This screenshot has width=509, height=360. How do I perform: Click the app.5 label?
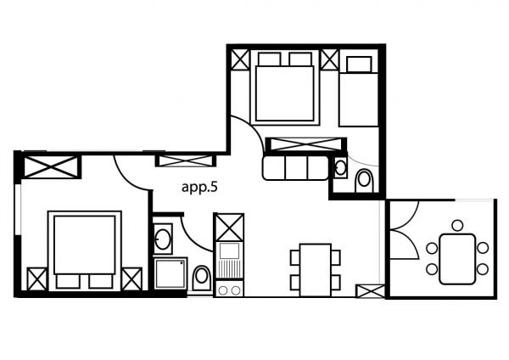[x=199, y=188]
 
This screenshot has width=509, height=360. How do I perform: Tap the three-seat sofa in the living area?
[x=295, y=167]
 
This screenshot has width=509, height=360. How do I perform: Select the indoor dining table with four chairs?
[x=316, y=270]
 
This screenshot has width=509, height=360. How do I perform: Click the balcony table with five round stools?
[x=457, y=259]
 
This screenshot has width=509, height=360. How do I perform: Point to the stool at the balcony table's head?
[x=457, y=226]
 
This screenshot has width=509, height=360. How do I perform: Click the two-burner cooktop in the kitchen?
[x=229, y=289]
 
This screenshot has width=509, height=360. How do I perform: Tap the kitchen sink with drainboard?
[x=229, y=261]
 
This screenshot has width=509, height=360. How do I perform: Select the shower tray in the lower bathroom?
[x=171, y=273]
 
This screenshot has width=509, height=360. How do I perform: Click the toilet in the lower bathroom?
[x=202, y=278]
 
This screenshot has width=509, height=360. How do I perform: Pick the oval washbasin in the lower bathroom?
[x=163, y=239]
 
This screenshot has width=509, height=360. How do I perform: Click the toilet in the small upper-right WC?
[x=364, y=181]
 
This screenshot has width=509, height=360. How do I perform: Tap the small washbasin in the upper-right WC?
[x=340, y=167]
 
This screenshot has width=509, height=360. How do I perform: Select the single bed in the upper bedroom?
[x=359, y=92]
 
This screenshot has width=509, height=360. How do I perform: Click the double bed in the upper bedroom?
[x=285, y=88]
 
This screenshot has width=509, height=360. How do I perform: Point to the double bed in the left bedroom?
[x=85, y=250]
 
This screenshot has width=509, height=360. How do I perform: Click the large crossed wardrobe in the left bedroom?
[x=51, y=167]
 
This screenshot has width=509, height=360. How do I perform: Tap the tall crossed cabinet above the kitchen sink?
[x=229, y=227]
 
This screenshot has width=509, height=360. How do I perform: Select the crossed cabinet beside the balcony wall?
[x=370, y=291]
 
